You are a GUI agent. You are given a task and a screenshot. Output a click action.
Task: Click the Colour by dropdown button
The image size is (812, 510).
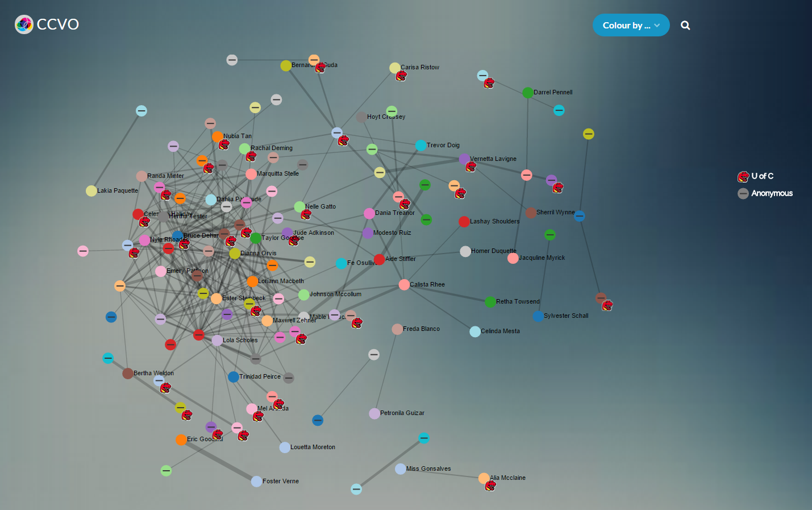point(631,25)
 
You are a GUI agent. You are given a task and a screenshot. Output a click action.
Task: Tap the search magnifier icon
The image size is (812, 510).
point(685,25)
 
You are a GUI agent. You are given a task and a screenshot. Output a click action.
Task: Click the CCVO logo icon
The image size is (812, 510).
point(24,24)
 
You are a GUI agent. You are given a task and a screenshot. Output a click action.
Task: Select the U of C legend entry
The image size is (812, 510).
point(756,176)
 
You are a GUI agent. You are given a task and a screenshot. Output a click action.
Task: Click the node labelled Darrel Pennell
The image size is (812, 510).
point(528,92)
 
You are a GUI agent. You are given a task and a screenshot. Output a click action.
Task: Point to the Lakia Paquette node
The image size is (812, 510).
point(91,191)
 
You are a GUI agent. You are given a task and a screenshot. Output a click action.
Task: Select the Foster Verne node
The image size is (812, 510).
point(256,482)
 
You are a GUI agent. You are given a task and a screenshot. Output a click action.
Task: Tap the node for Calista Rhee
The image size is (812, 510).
point(404,284)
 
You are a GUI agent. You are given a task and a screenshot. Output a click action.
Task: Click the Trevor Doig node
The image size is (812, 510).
point(420,146)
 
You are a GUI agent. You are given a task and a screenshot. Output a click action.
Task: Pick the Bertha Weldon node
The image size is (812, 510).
point(128,374)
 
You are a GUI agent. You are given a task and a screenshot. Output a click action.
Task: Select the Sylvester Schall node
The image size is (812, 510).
point(538,316)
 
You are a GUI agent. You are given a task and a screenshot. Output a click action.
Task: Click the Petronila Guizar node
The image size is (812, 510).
point(374,413)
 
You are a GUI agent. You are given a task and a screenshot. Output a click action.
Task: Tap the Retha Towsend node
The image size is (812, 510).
point(490,302)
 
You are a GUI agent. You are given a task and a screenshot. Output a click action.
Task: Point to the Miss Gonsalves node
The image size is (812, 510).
point(401,469)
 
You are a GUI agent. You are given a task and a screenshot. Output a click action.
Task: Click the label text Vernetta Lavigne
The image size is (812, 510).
point(493,159)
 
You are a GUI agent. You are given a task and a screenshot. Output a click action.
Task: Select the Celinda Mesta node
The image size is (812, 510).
point(475,331)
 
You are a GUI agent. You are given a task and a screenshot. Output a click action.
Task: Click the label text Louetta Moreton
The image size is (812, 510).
point(313,447)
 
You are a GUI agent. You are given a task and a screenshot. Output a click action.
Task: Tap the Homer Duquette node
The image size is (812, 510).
point(465,251)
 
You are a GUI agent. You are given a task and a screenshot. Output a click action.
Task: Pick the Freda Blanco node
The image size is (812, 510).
point(397,329)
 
